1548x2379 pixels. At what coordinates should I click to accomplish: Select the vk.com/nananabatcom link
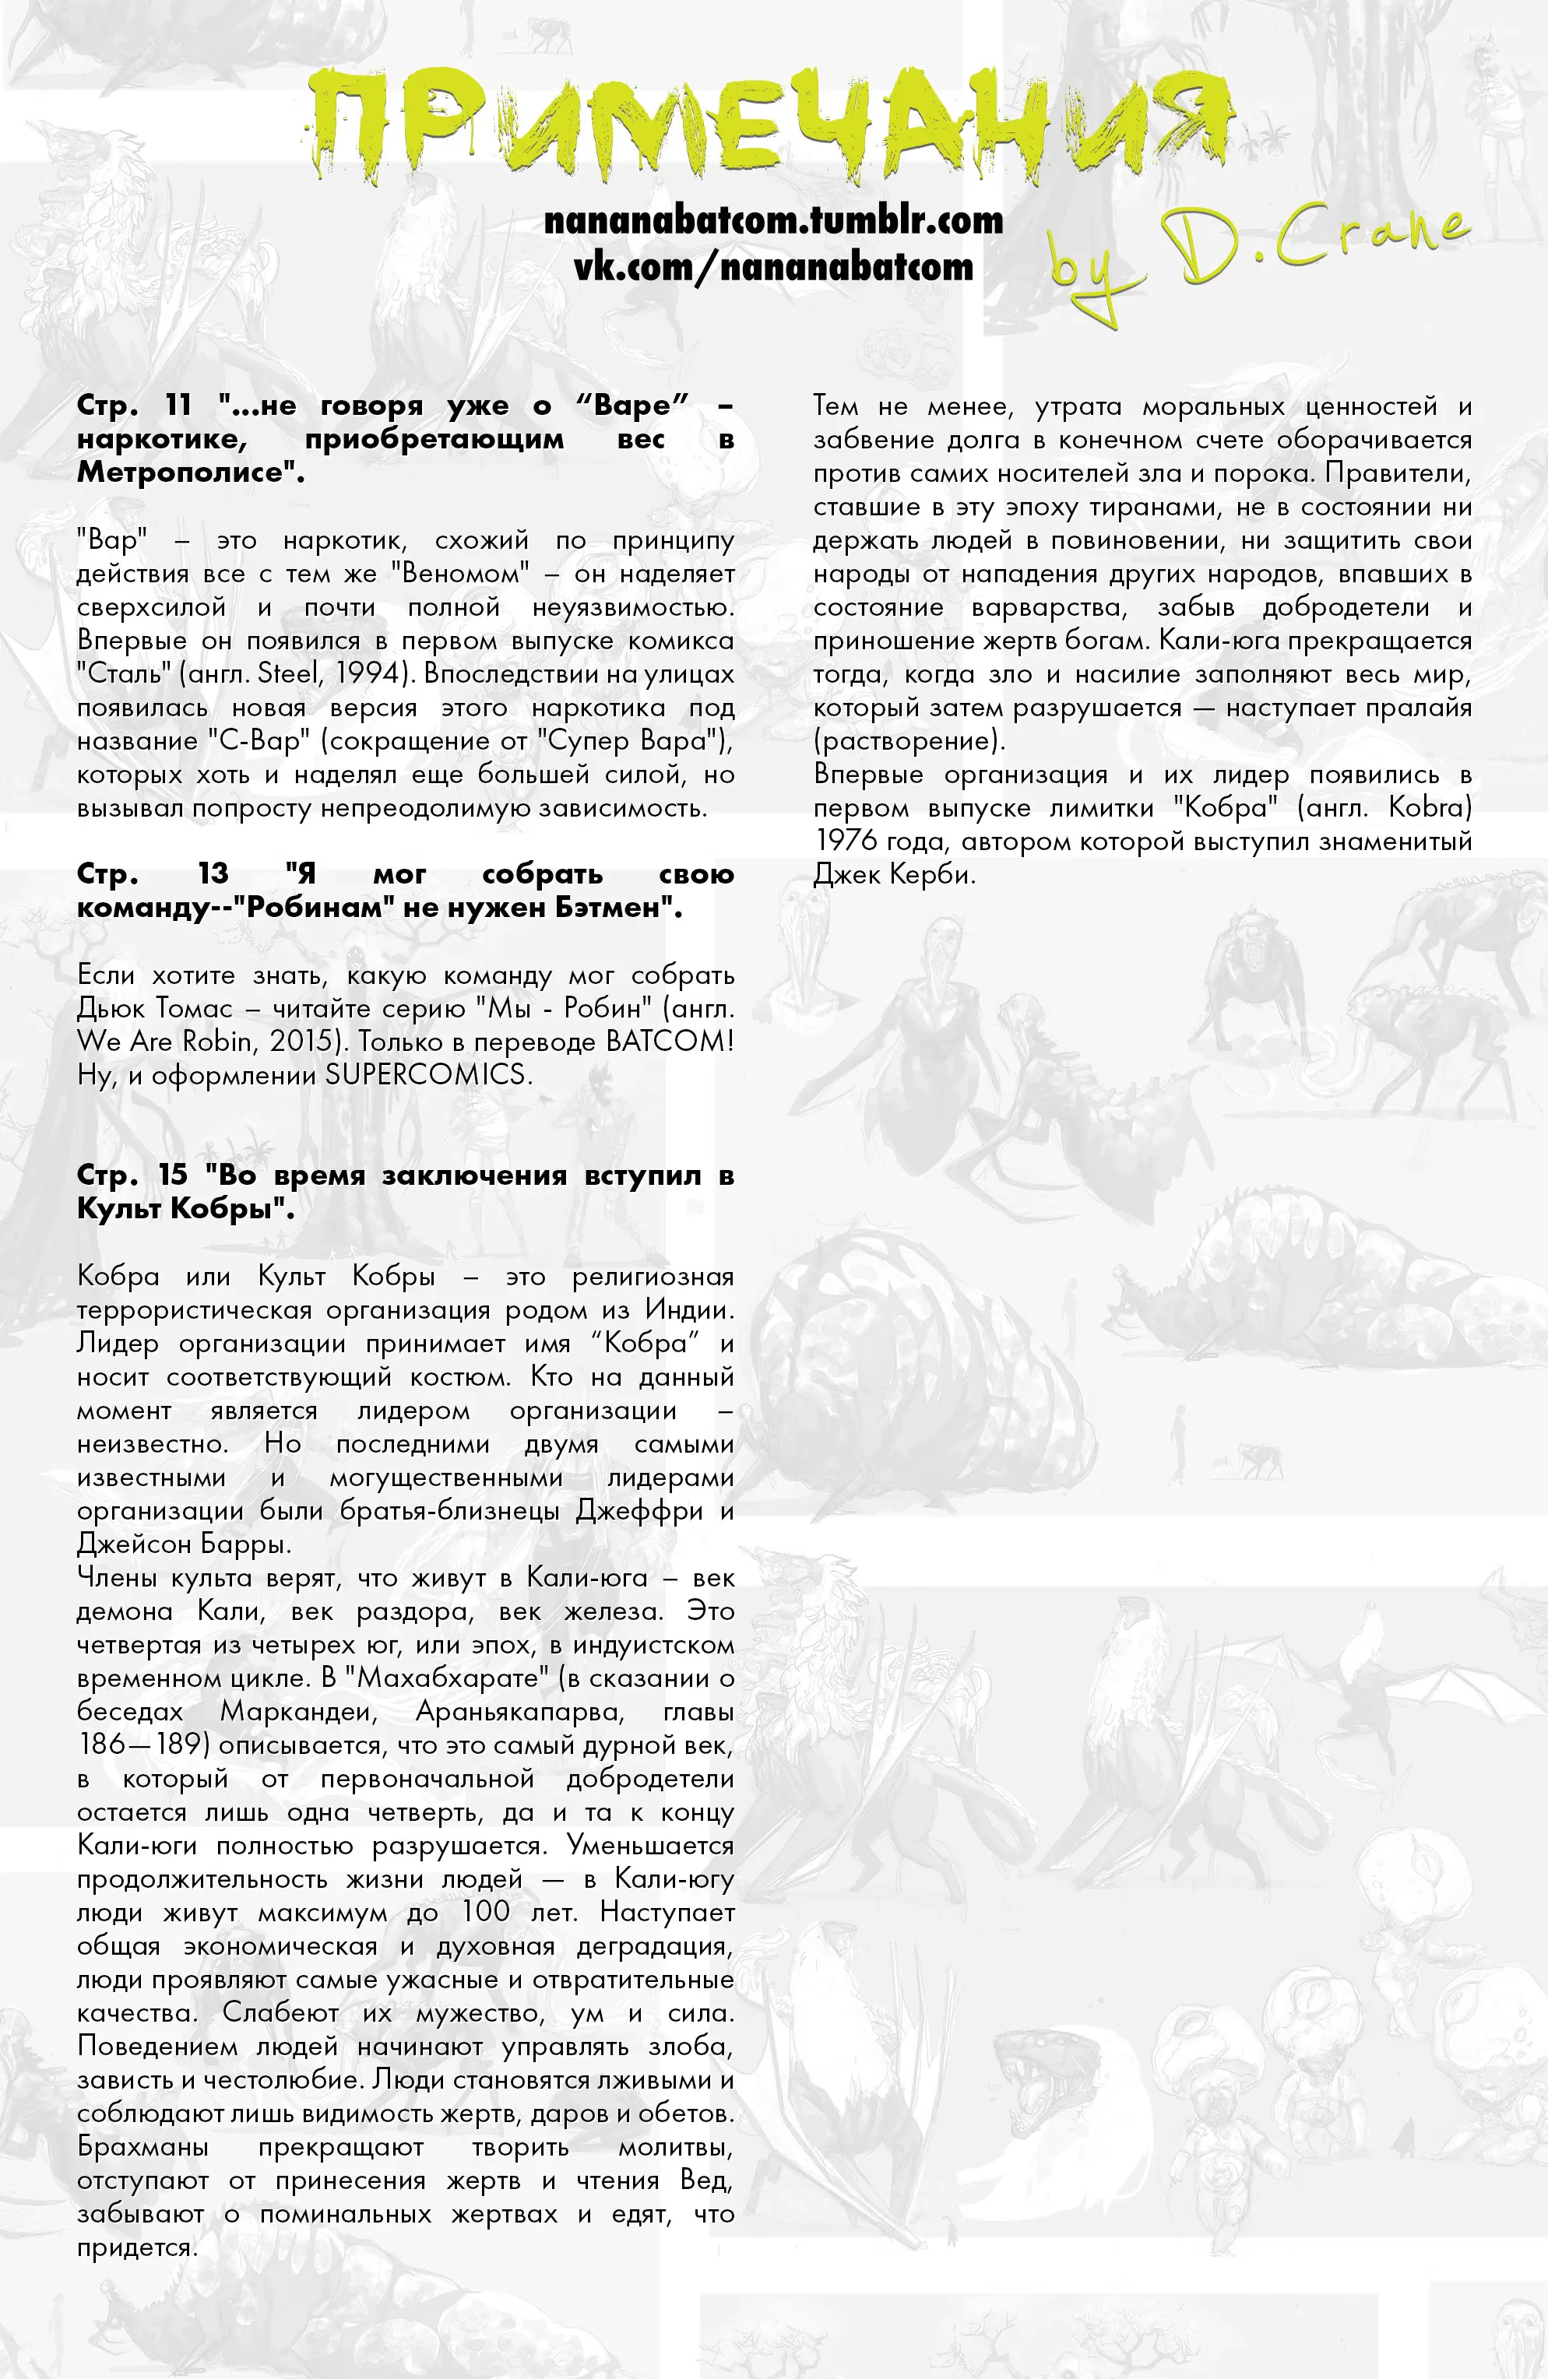773,266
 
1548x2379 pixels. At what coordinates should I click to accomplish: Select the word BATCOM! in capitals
670,1042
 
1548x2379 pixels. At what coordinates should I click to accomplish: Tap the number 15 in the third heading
173,1175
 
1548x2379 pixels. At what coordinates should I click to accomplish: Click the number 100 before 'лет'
486,1912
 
